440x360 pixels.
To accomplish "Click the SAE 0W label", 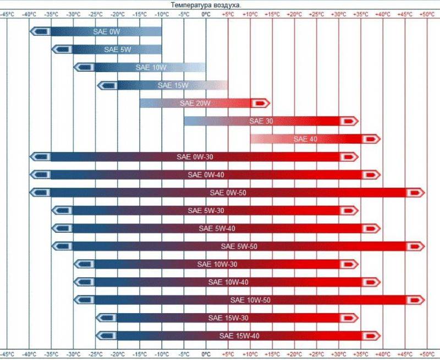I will tap(107, 32).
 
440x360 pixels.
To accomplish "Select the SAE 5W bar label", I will tap(117, 50).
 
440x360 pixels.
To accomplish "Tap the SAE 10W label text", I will tap(151, 67).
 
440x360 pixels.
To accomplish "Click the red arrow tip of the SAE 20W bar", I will tap(260, 103).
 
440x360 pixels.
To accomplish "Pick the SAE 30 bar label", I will tap(261, 121).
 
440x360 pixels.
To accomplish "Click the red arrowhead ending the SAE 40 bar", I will tap(371, 139).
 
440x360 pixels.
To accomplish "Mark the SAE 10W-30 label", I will tap(217, 264).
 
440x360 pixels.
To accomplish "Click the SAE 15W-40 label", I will tap(239, 335).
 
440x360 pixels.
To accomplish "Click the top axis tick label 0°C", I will tap(206, 14).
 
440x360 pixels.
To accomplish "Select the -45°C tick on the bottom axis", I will tap(7, 353).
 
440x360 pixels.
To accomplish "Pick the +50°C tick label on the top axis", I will tap(426, 14).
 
